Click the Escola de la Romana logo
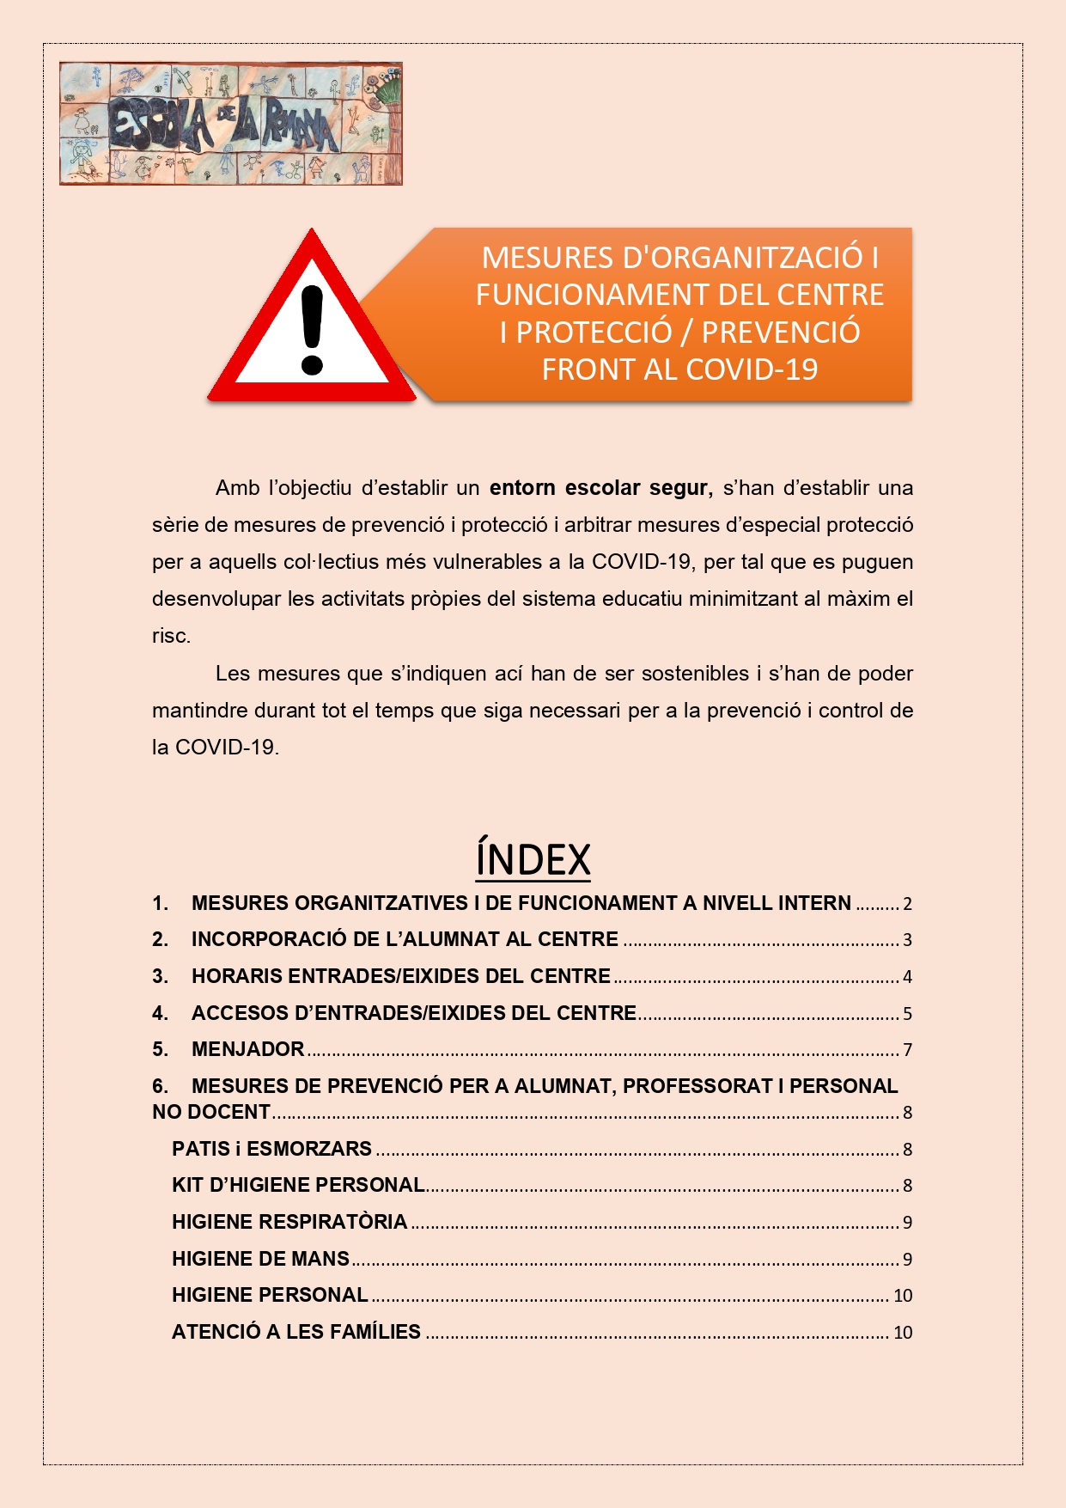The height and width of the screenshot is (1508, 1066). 230,124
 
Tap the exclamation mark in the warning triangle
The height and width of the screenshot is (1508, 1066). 311,330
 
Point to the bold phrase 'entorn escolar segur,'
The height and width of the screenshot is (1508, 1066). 600,488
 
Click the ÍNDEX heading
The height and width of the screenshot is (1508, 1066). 533,859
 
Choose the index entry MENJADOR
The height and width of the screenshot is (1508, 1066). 247,1049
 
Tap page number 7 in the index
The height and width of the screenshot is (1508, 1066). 907,1050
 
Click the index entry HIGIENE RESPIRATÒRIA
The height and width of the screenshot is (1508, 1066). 289,1222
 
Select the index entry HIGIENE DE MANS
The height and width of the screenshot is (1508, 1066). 260,1259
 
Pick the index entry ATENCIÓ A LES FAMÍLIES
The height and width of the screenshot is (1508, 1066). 296,1332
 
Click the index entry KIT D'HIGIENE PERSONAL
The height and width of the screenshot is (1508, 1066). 298,1185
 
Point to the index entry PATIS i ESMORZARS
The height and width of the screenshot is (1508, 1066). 271,1149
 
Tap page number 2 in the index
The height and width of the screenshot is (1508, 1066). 907,904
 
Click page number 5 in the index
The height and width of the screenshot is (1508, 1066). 907,1014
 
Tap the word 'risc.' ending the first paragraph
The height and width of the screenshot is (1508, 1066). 171,637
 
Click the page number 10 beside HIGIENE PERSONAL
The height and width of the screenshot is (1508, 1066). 903,1296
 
